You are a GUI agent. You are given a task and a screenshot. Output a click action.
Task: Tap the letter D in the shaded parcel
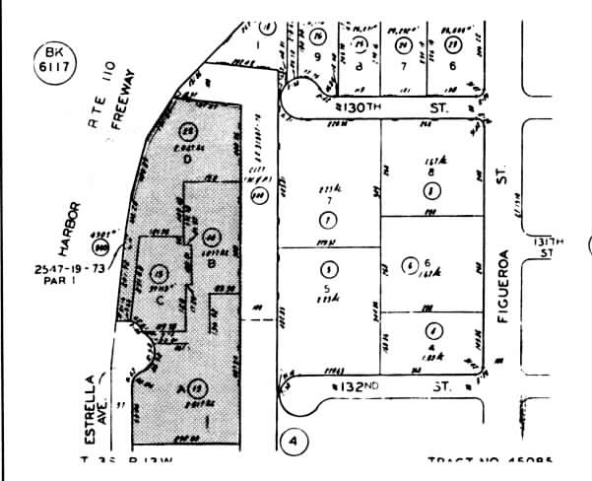[x=185, y=158]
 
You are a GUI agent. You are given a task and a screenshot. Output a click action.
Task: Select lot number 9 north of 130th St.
[x=318, y=57]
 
